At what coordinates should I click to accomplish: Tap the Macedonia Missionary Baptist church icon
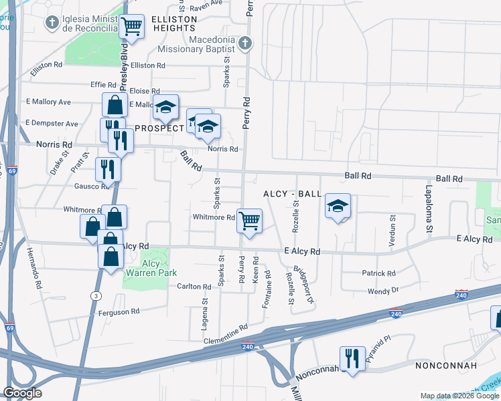(246, 43)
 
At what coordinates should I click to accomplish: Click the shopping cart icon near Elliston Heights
(132, 27)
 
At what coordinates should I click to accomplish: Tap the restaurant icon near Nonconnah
(352, 358)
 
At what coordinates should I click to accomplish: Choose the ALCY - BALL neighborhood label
(292, 194)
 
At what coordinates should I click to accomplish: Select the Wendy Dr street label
(383, 291)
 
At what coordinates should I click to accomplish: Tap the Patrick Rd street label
(379, 273)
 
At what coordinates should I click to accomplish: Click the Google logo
(22, 393)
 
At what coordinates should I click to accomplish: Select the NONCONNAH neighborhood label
(445, 366)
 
